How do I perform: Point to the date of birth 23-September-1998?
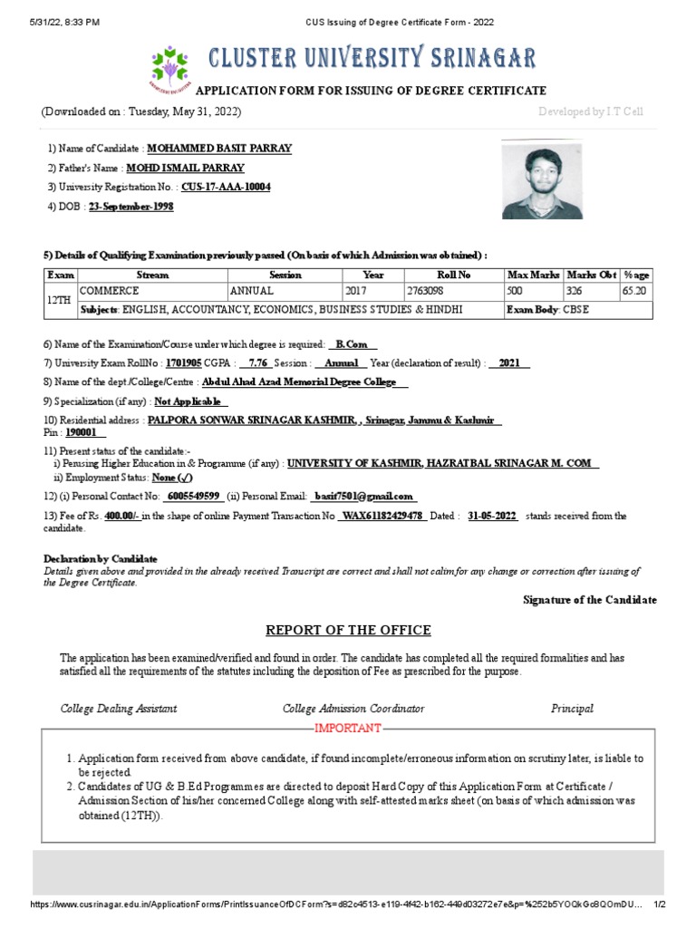click(x=130, y=207)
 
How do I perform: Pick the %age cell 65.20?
click(x=634, y=292)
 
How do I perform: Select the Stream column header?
click(x=152, y=275)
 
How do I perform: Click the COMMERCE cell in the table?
click(x=110, y=292)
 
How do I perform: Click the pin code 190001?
click(x=85, y=433)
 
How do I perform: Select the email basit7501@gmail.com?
click(x=362, y=497)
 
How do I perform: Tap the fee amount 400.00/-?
click(x=121, y=516)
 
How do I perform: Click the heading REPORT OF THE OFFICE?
click(x=348, y=631)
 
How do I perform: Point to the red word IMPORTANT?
click(x=348, y=729)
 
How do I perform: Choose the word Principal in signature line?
click(x=572, y=709)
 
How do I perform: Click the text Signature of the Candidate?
click(x=590, y=600)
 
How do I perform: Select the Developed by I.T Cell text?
click(x=590, y=111)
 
